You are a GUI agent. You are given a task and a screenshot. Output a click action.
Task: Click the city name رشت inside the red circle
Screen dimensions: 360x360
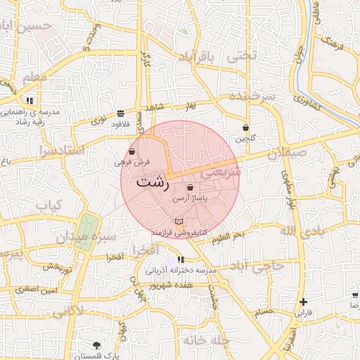(x=152, y=182)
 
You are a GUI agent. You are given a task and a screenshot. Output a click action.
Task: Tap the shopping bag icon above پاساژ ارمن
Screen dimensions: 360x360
(x=191, y=188)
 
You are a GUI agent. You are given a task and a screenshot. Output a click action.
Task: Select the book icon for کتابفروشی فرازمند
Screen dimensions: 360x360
(x=177, y=221)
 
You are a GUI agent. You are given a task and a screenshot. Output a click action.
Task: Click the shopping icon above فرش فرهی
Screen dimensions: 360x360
(x=133, y=151)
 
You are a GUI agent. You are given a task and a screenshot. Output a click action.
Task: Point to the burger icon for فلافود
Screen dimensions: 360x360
(x=121, y=112)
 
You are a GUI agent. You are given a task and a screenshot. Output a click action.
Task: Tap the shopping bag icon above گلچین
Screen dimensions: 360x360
(x=245, y=128)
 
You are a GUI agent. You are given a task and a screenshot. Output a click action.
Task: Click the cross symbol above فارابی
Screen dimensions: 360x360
(x=302, y=301)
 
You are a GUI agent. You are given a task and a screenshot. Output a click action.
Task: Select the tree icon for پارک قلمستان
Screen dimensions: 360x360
(x=96, y=345)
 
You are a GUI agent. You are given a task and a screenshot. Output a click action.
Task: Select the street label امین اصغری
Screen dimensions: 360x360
(x=38, y=289)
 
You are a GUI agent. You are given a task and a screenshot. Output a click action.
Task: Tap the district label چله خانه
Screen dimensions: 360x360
(x=207, y=340)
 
